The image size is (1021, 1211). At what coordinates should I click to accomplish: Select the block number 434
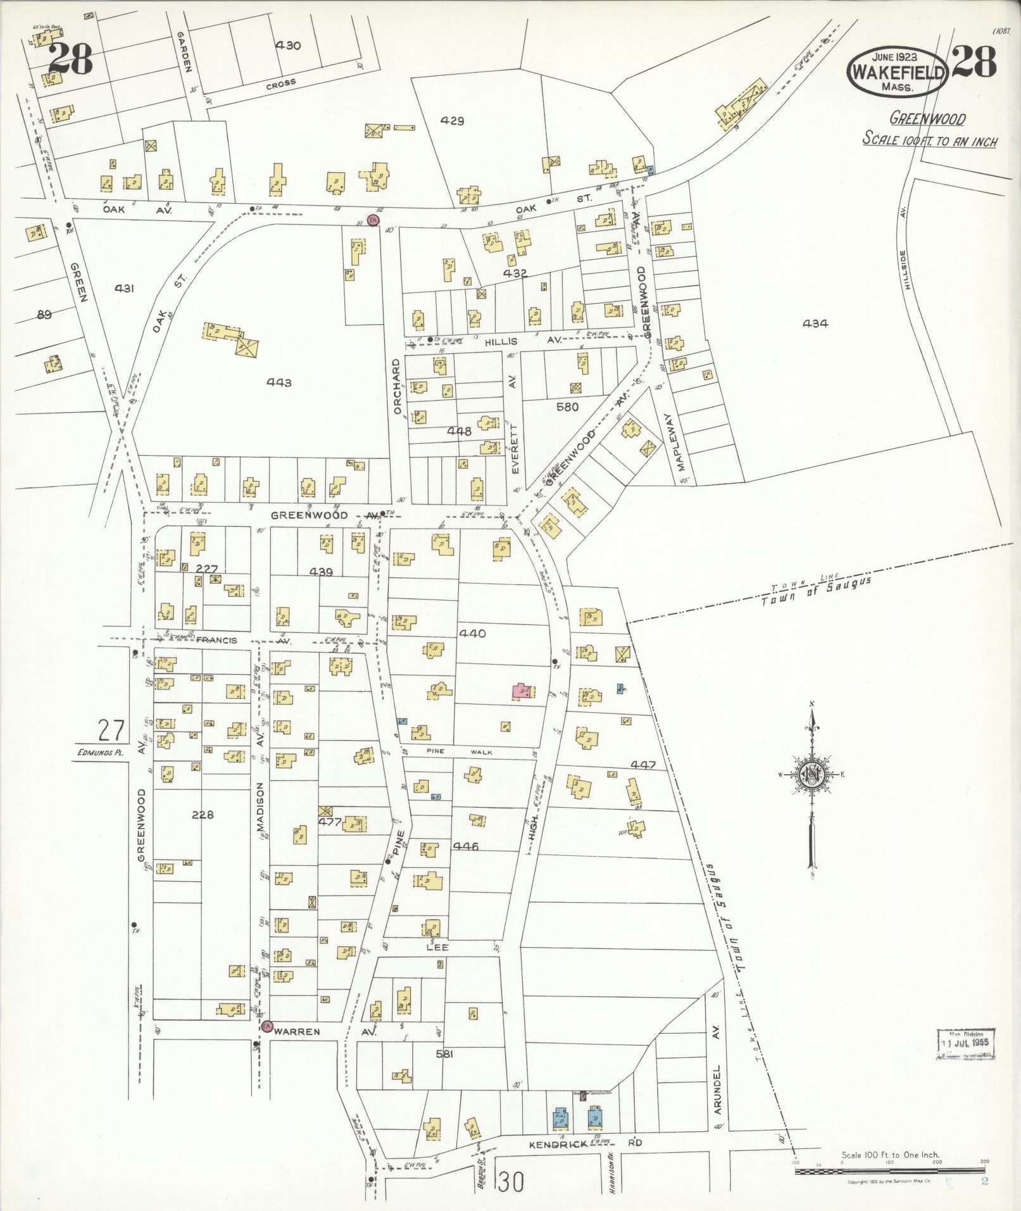(x=815, y=323)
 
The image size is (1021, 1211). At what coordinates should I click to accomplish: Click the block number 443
(x=279, y=382)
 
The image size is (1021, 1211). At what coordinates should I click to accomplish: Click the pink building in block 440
(x=522, y=691)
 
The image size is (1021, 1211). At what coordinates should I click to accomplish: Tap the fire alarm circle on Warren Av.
(x=267, y=1026)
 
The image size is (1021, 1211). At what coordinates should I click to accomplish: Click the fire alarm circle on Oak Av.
(x=373, y=220)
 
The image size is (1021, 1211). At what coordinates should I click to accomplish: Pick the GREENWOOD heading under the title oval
(x=927, y=118)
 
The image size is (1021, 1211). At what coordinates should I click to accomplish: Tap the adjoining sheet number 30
(x=511, y=1182)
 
